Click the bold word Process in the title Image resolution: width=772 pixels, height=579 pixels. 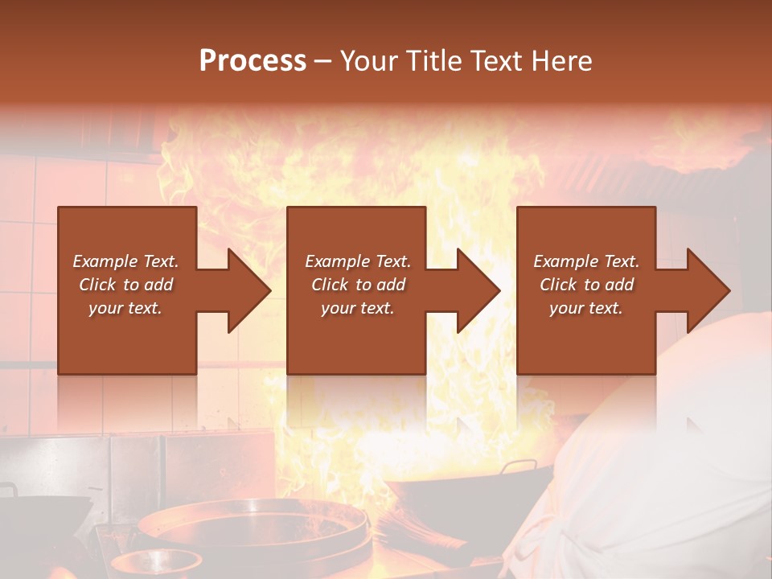pyautogui.click(x=253, y=60)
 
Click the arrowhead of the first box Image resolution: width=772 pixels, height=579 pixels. pyautogui.click(x=248, y=290)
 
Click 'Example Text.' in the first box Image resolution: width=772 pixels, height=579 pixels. pyautogui.click(x=125, y=261)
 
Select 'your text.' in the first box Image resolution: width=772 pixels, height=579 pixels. pyautogui.click(x=125, y=308)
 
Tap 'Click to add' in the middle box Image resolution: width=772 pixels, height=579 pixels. pyautogui.click(x=358, y=285)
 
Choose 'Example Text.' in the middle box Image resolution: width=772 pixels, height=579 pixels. pyautogui.click(x=358, y=261)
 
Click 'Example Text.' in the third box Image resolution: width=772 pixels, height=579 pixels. pyautogui.click(x=586, y=261)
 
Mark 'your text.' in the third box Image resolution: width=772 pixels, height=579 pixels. pyautogui.click(x=586, y=308)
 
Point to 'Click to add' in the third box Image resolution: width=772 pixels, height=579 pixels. pyautogui.click(x=586, y=285)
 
